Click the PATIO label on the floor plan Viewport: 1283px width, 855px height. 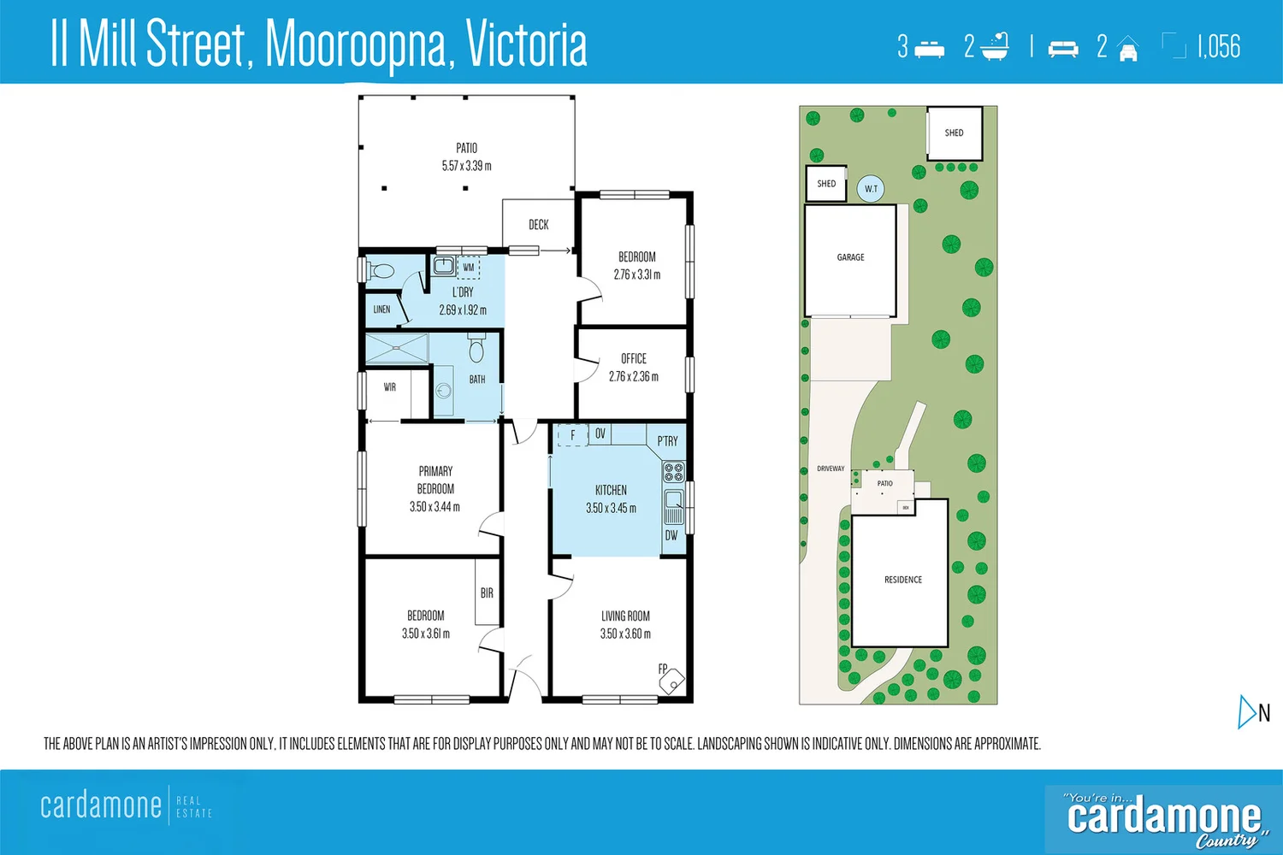pyautogui.click(x=466, y=148)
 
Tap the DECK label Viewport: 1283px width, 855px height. pyautogui.click(x=538, y=225)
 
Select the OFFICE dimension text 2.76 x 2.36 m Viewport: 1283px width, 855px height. pyautogui.click(x=634, y=376)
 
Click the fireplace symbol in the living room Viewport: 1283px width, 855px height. pyautogui.click(x=673, y=681)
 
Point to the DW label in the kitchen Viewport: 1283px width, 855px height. pyautogui.click(x=671, y=536)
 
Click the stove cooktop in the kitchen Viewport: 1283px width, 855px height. pyautogui.click(x=673, y=472)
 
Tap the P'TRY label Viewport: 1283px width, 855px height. pyautogui.click(x=667, y=441)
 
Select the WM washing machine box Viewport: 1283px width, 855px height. pyautogui.click(x=468, y=268)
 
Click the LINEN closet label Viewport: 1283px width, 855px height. pyautogui.click(x=381, y=310)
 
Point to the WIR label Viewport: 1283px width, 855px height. pyautogui.click(x=389, y=387)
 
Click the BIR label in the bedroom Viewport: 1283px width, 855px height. pyautogui.click(x=487, y=593)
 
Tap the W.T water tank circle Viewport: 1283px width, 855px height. pyautogui.click(x=871, y=189)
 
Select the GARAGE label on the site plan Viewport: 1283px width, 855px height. pyautogui.click(x=850, y=257)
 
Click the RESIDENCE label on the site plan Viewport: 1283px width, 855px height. pyautogui.click(x=902, y=580)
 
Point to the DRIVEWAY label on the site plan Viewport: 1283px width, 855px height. pyautogui.click(x=830, y=469)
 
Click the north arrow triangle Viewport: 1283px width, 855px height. pyautogui.click(x=1246, y=711)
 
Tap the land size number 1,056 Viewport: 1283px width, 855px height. pyautogui.click(x=1218, y=47)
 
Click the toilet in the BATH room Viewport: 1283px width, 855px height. pyautogui.click(x=476, y=349)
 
